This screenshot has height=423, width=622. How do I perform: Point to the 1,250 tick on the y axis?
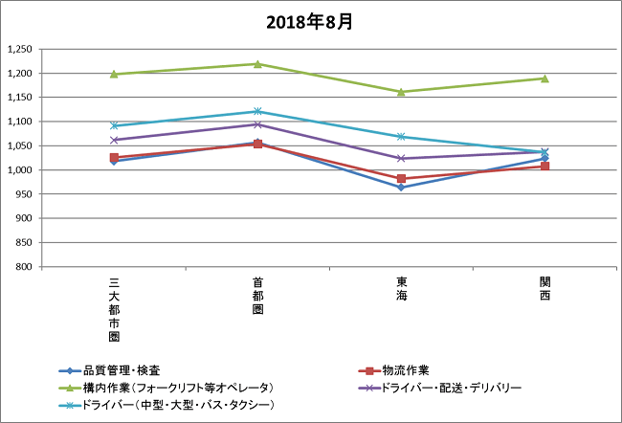tap(19, 49)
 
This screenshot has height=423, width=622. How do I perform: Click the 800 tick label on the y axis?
tap(24, 266)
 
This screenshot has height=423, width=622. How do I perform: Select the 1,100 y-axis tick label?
tap(19, 122)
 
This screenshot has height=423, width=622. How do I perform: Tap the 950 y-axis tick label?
tap(24, 193)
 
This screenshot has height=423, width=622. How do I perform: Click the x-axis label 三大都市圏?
tap(114, 308)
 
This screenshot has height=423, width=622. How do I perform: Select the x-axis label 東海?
tap(401, 289)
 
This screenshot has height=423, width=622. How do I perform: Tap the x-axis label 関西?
tap(544, 289)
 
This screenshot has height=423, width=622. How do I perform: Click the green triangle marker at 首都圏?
tap(257, 64)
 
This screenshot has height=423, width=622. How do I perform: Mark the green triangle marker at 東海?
tap(401, 92)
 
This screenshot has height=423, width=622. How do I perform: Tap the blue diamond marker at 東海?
tap(401, 188)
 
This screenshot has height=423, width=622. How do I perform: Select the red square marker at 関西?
tap(544, 167)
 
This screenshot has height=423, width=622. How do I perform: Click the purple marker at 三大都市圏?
tap(114, 140)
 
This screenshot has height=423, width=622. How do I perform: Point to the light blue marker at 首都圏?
tap(257, 112)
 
